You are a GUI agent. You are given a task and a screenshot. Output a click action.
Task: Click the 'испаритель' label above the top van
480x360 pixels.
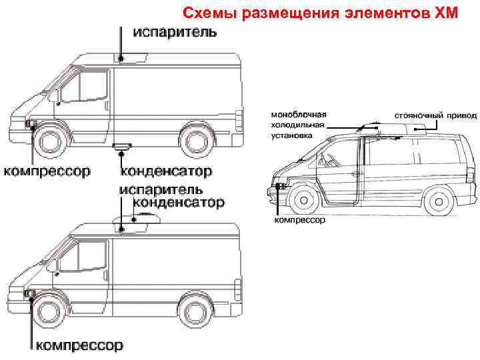175,32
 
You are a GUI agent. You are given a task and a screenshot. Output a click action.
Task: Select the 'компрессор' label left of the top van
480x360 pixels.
47,171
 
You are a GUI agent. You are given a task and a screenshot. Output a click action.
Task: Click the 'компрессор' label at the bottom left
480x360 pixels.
79,345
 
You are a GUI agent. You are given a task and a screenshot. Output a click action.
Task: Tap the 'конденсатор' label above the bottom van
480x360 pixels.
179,202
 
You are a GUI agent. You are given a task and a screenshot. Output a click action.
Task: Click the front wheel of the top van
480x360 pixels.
51,142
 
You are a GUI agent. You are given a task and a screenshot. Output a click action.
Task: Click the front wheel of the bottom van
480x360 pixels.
51,311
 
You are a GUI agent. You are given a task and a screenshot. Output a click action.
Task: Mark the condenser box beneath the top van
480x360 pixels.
122,145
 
